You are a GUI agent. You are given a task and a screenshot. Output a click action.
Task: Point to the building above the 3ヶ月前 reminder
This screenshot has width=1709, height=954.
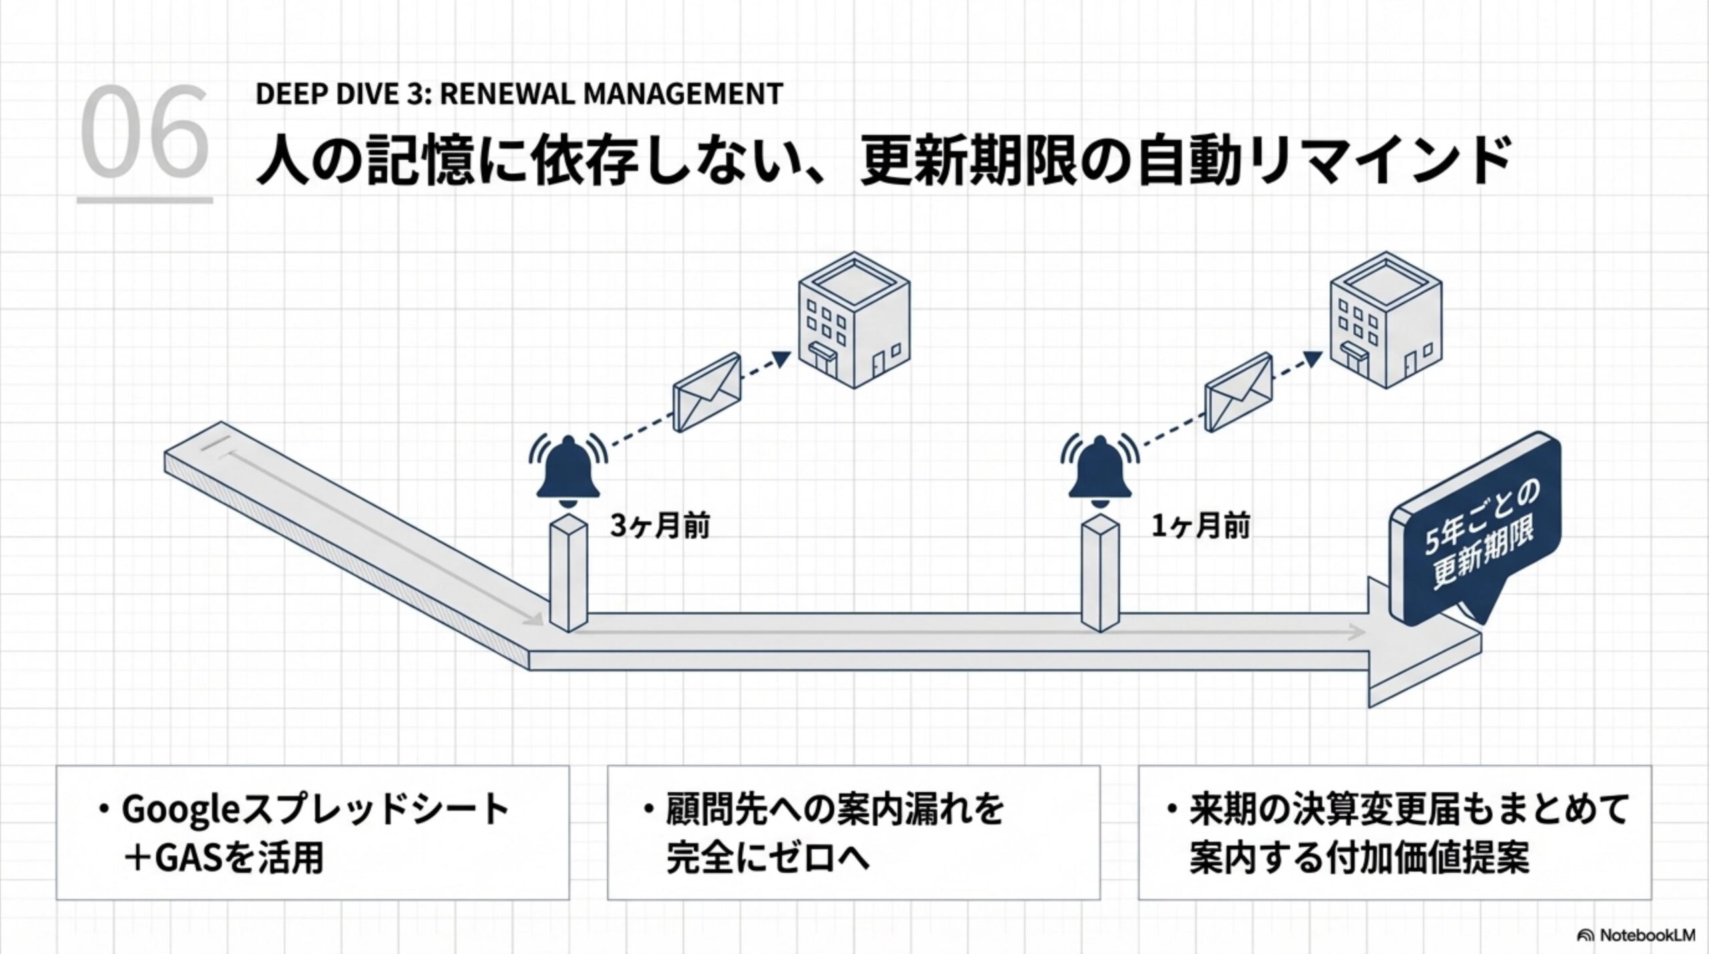tap(854, 320)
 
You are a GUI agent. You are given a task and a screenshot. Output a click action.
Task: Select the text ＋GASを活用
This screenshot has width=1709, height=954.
tap(224, 859)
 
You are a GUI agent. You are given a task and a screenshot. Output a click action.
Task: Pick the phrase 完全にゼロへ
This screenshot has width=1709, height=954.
tap(768, 859)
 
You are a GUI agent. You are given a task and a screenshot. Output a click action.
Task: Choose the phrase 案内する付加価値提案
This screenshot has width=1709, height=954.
tap(1359, 859)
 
